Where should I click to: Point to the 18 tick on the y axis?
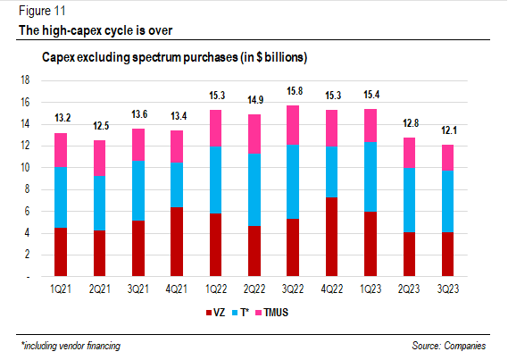tap(25, 80)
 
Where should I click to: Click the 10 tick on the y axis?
tap(25, 167)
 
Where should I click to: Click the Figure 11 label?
tap(40, 13)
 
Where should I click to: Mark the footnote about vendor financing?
tap(71, 345)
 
